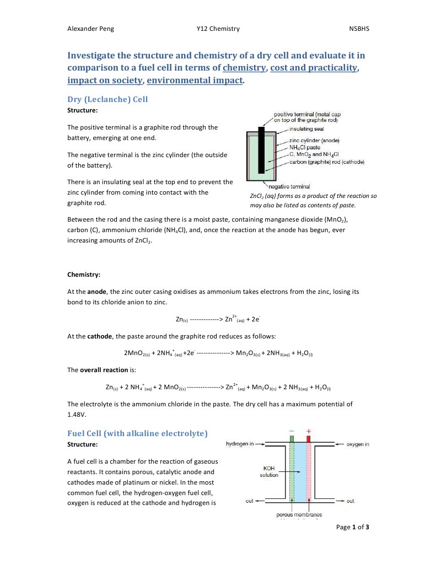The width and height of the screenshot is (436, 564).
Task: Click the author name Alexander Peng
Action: [90, 29]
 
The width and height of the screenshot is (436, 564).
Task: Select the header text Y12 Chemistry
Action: [218, 29]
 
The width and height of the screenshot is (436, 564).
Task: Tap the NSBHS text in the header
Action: [359, 29]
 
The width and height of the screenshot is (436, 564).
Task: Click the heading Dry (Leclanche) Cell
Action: [107, 100]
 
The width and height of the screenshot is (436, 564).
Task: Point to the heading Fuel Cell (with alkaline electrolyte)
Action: [137, 433]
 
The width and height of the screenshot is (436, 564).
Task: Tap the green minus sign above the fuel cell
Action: [291, 431]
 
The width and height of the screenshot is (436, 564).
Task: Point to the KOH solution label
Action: [269, 471]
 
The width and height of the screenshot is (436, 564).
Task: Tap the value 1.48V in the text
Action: [77, 414]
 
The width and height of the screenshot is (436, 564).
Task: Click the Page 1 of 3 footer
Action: [352, 527]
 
